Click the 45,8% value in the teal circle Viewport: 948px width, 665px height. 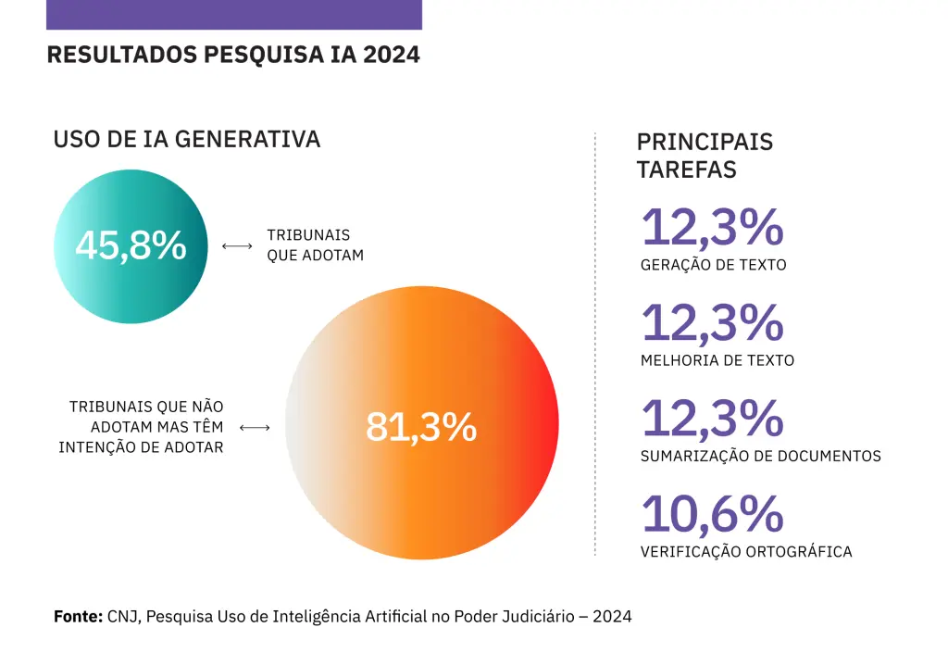(131, 246)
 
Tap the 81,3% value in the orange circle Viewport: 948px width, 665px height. (421, 427)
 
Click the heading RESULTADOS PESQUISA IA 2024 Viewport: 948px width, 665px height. (233, 55)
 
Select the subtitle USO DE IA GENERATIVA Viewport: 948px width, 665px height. (187, 140)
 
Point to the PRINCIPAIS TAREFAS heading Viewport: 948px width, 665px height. (705, 156)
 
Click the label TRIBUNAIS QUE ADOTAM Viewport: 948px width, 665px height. (315, 245)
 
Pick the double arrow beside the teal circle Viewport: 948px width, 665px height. (238, 246)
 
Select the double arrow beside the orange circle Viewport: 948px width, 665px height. (255, 428)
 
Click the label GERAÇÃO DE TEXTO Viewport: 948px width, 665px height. (714, 265)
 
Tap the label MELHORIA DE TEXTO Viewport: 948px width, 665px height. (717, 360)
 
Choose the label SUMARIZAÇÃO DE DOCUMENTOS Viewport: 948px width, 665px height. (761, 457)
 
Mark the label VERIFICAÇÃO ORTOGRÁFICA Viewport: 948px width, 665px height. (746, 552)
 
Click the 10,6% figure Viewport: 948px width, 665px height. (713, 515)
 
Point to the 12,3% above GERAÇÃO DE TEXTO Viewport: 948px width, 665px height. (713, 228)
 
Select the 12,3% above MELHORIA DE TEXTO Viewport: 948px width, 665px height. (713, 323)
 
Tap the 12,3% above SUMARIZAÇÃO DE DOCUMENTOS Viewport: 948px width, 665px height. (713, 419)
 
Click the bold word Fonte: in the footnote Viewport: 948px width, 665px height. (78, 616)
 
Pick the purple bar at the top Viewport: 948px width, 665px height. (233, 14)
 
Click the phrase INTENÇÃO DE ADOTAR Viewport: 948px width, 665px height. (141, 448)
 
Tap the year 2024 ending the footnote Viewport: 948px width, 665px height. (612, 616)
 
